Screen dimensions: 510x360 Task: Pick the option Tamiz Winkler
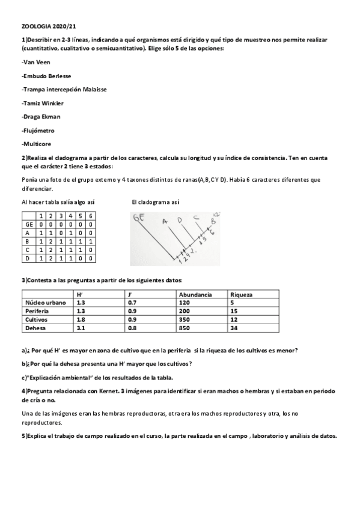coord(43,103)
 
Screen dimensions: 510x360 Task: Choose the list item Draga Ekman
coord(41,117)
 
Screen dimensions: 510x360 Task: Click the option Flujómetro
coord(38,131)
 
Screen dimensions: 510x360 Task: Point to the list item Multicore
coord(37,144)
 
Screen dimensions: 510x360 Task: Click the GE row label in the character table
coord(29,224)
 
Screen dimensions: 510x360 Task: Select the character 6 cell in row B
coord(90,241)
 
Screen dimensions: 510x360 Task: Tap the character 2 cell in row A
coord(50,232)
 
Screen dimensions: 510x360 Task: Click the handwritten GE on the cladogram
coord(139,220)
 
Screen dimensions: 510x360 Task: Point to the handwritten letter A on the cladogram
coord(164,221)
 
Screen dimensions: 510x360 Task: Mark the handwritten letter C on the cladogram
coord(195,218)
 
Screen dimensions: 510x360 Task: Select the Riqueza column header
coord(241,295)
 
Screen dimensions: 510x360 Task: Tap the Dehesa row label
coord(35,328)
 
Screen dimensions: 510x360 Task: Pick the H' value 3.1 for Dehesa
coord(82,328)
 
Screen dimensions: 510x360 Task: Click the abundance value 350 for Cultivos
coord(184,320)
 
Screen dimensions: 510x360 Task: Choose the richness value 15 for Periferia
coord(234,312)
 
